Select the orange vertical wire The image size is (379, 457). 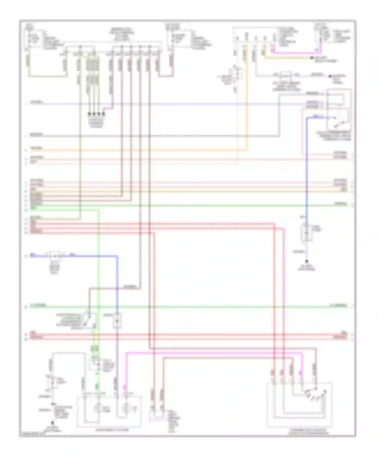click(246, 101)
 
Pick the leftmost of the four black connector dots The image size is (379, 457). click(89, 114)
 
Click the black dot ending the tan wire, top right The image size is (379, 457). click(312, 58)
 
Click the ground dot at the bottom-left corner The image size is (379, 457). click(53, 422)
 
